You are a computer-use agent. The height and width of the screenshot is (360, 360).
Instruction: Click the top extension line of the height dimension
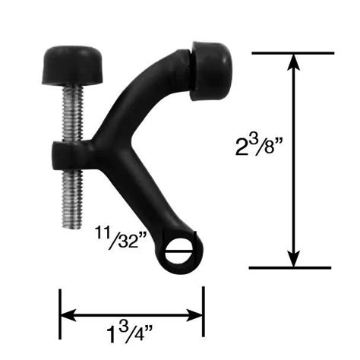292,52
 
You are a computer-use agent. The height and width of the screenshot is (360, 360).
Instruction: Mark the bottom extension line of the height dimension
292,267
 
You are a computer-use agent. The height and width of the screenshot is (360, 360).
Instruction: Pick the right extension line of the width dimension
203,311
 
